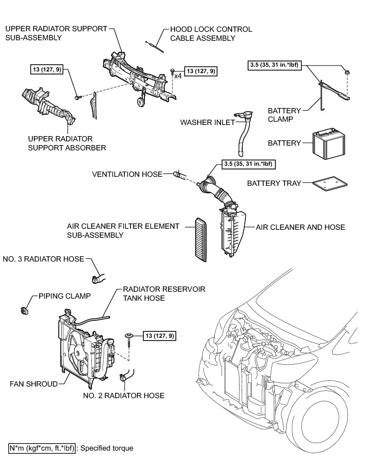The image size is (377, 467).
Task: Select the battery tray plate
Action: click(330, 183)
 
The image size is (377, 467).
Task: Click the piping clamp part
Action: click(25, 308)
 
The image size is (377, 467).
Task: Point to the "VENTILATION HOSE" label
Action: click(127, 174)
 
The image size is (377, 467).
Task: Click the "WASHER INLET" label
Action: click(205, 122)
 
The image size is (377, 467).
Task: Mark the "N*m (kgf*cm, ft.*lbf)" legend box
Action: click(43, 448)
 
